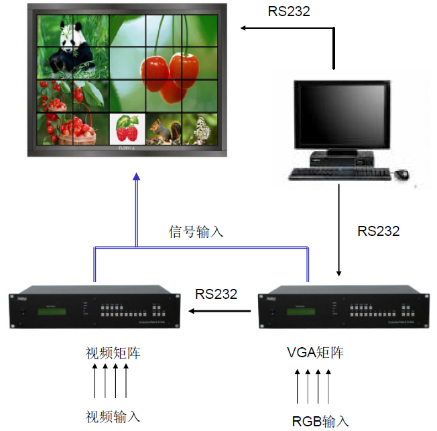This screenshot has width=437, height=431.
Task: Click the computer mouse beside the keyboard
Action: tap(401, 174)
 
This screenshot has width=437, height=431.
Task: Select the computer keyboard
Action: tap(339, 174)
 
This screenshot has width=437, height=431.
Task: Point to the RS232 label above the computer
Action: tap(290, 11)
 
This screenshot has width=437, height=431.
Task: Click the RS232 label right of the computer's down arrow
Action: tap(378, 231)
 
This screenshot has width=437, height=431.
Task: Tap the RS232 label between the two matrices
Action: tap(216, 294)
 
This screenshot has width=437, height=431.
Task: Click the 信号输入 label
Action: tap(196, 233)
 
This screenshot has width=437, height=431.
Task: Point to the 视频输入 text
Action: tap(113, 416)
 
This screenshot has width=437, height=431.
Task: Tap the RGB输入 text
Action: tap(320, 421)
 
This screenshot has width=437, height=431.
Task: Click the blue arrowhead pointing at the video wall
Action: tap(136, 177)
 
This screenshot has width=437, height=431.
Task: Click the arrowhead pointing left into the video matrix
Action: tap(192, 311)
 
